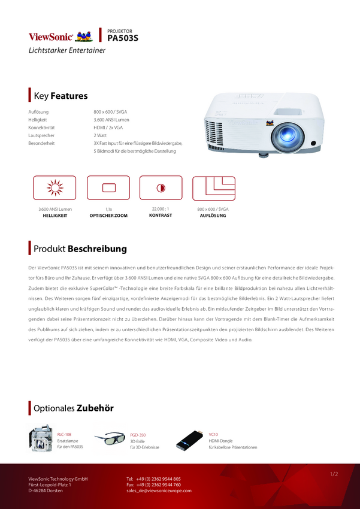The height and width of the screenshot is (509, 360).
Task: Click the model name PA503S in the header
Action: [x=123, y=38]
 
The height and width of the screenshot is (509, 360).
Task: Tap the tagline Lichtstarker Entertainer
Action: [x=67, y=50]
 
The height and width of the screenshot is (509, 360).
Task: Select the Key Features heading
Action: [x=60, y=96]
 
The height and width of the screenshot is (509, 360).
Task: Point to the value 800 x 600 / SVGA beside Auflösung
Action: [x=110, y=112]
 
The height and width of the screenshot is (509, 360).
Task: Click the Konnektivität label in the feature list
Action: [x=41, y=128]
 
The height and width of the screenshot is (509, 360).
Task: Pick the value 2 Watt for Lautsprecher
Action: [x=99, y=135]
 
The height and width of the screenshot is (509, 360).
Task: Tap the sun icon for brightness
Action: [x=55, y=187]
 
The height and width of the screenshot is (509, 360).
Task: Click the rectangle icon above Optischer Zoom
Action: [x=108, y=187]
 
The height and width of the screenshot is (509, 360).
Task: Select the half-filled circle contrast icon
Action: [x=161, y=187]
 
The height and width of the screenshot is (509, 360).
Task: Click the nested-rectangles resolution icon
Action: [x=213, y=187]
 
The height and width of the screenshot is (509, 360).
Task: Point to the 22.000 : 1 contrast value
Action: [x=161, y=208]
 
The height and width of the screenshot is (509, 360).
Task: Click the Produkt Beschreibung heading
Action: [x=80, y=249]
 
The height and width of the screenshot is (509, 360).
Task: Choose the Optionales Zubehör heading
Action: [x=73, y=408]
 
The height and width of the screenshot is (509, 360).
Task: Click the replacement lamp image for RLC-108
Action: [x=41, y=438]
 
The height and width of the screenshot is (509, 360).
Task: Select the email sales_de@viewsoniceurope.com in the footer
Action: [x=159, y=490]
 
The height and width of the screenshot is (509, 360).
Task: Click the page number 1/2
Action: [x=334, y=474]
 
